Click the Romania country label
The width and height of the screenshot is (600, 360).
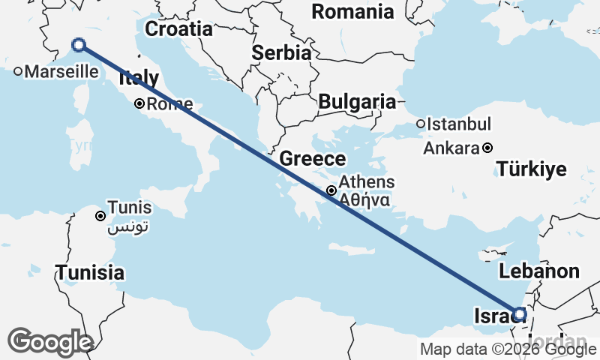(352, 11)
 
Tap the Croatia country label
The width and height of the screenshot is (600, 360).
(178, 29)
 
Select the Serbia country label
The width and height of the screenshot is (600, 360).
(281, 53)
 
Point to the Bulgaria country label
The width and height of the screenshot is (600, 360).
(356, 101)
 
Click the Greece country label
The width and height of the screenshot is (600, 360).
(313, 159)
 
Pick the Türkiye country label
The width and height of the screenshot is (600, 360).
(531, 169)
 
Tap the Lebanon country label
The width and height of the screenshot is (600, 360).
(539, 271)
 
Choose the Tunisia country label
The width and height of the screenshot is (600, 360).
(90, 271)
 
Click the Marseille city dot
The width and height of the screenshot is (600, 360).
(18, 72)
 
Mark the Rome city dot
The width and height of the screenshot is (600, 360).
(139, 104)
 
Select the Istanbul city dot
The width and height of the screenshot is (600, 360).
(421, 124)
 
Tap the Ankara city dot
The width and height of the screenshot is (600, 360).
(487, 148)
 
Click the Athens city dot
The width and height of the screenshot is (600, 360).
(331, 190)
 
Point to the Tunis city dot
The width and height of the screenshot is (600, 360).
(100, 216)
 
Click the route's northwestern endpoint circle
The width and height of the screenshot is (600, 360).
(79, 46)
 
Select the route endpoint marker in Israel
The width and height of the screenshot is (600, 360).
(519, 315)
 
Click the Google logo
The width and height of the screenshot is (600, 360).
(50, 341)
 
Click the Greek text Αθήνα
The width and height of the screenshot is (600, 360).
(363, 200)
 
